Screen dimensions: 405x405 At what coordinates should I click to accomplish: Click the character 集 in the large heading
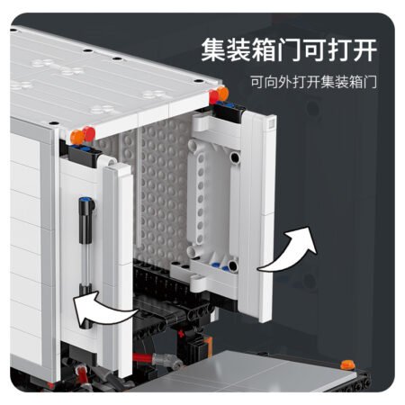click(x=213, y=49)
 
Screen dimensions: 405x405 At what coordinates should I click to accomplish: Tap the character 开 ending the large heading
click(x=364, y=49)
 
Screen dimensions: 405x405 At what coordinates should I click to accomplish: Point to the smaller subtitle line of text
click(x=313, y=82)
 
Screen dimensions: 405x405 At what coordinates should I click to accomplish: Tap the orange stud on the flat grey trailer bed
click(x=347, y=364)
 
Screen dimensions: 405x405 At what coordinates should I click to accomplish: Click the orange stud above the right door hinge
click(x=223, y=94)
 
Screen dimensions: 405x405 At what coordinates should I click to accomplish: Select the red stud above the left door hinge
click(x=89, y=134)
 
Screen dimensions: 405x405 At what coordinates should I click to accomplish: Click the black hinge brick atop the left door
click(x=83, y=155)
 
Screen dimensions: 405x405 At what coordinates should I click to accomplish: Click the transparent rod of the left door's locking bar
click(x=85, y=264)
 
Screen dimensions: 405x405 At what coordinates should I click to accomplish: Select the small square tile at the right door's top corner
click(x=272, y=123)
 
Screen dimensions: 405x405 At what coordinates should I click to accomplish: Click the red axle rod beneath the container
click(x=143, y=357)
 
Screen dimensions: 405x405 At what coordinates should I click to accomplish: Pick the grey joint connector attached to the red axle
click(x=167, y=359)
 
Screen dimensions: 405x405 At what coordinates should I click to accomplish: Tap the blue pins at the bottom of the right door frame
click(x=220, y=265)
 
